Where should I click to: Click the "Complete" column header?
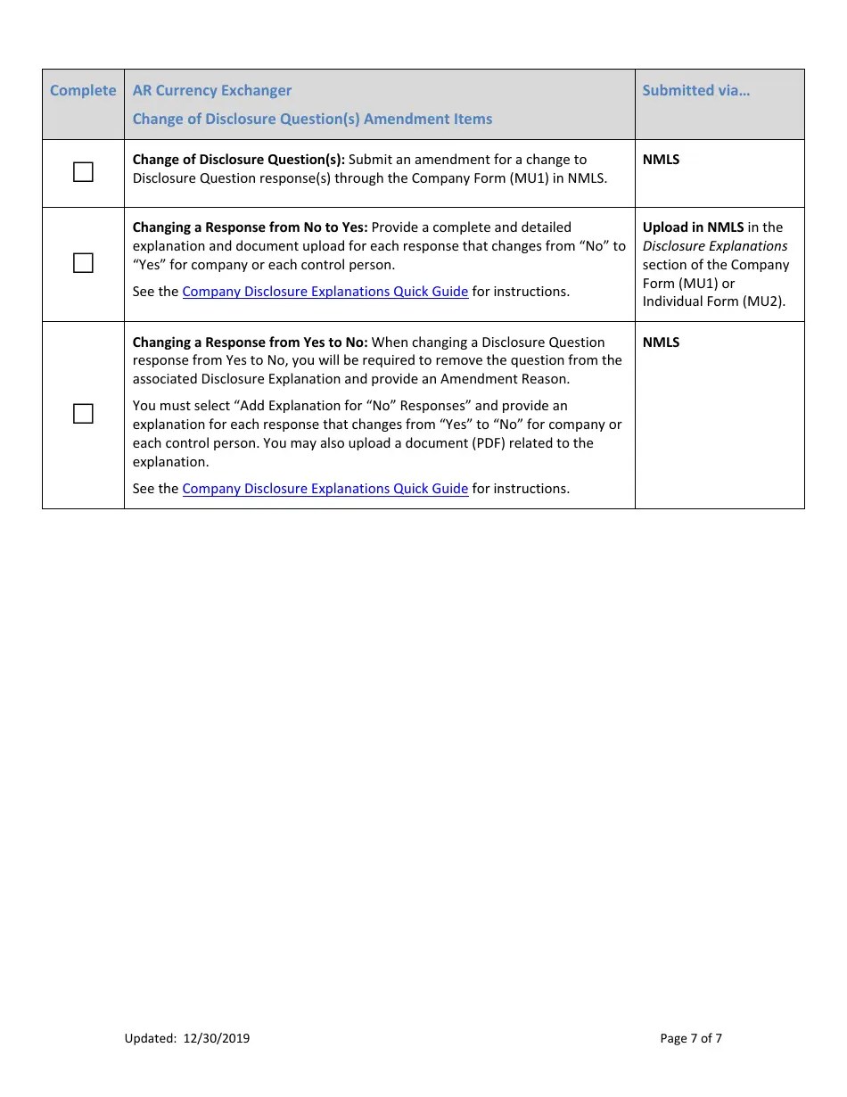click(83, 90)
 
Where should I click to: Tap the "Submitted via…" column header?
click(695, 90)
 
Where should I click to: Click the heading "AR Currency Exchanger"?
click(211, 90)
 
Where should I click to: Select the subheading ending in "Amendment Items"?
click(312, 119)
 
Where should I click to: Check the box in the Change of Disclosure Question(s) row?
click(83, 172)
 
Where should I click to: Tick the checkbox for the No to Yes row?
click(83, 263)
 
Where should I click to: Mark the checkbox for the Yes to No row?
click(83, 414)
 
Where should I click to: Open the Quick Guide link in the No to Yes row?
click(325, 292)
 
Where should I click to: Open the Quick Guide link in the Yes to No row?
click(325, 489)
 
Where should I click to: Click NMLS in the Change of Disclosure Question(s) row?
click(661, 160)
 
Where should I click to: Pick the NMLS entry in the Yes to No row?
click(661, 342)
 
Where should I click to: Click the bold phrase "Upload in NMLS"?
click(693, 227)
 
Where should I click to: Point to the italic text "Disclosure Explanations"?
click(715, 246)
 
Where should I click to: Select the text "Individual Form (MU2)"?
click(712, 301)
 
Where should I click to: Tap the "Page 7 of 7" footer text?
click(691, 1038)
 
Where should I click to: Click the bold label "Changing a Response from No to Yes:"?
click(250, 227)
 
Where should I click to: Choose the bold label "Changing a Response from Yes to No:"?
click(250, 342)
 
